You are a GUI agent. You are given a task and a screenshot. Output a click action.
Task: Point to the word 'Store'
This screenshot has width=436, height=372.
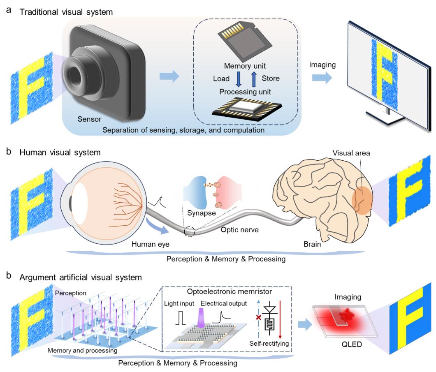270,79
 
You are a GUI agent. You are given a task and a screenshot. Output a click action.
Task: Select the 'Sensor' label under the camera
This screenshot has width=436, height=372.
89,120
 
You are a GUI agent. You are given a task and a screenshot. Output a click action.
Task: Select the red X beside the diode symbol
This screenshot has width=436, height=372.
259,317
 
